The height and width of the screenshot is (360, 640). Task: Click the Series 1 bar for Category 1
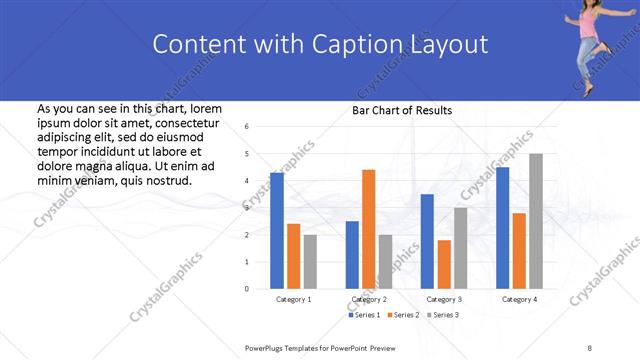click(x=277, y=230)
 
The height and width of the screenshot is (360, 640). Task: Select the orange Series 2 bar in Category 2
click(x=369, y=229)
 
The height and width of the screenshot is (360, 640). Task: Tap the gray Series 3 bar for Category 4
click(x=536, y=221)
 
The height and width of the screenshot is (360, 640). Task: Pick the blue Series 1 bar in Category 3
click(x=427, y=241)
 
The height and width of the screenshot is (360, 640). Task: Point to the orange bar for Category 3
click(x=444, y=264)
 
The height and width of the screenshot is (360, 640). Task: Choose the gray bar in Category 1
click(x=310, y=261)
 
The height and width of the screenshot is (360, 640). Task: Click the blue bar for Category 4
click(x=502, y=228)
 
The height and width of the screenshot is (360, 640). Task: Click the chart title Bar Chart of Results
click(x=402, y=110)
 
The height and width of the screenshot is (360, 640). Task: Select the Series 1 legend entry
click(x=364, y=315)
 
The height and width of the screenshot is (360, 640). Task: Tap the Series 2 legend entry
click(x=401, y=315)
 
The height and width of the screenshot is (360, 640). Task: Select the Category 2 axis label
click(x=369, y=299)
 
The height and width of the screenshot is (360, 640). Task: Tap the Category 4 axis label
click(x=519, y=299)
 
